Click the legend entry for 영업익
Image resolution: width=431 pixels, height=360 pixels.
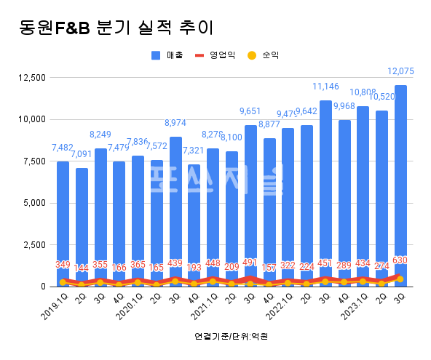point(215,55)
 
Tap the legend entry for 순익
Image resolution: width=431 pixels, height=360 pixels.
point(264,55)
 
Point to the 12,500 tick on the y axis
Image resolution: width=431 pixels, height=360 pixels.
point(32,77)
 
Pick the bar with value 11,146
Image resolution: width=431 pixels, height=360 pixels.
point(325,193)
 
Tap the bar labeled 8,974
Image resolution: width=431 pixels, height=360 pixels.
point(175,211)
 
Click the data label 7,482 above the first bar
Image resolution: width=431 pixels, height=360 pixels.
point(63,148)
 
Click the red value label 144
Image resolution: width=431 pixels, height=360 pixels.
point(82,268)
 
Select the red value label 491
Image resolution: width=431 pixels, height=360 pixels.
point(250,263)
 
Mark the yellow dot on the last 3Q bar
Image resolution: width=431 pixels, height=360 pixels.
point(400,279)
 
